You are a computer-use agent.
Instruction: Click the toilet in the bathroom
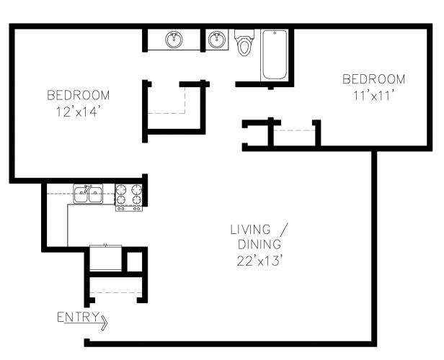[244, 42]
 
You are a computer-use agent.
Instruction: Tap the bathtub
[275, 55]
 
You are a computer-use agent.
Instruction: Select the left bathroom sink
[174, 40]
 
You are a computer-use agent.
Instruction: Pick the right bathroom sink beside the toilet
[217, 40]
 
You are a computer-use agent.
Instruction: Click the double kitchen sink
[88, 194]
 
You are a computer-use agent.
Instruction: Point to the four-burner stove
[129, 197]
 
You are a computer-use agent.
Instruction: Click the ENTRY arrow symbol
[104, 323]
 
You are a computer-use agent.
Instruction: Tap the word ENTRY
[78, 317]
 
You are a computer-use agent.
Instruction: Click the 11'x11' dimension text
[374, 96]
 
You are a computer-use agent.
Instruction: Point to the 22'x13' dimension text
[260, 261]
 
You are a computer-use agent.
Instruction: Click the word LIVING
[250, 230]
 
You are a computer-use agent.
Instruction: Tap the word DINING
[259, 244]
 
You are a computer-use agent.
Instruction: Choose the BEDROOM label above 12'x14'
[78, 95]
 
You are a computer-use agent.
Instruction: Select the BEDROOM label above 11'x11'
[374, 79]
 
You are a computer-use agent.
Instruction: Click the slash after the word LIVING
[284, 230]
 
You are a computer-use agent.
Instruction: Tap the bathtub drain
[275, 33]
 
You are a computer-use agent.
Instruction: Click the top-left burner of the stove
[121, 189]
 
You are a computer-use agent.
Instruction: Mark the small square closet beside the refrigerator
[134, 261]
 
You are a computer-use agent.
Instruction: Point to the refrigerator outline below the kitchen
[106, 258]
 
